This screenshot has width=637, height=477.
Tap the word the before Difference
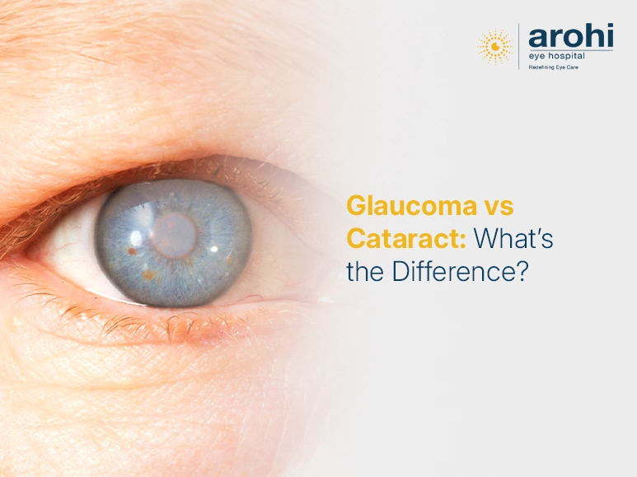[365, 272]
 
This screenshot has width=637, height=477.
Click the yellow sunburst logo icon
[495, 46]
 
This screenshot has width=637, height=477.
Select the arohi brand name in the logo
[570, 36]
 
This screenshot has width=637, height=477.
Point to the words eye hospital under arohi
[557, 56]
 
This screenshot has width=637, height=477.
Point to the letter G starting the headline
[356, 206]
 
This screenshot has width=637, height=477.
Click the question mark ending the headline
[521, 272]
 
